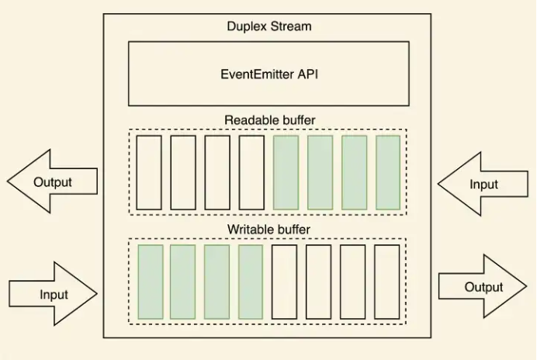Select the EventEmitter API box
tap(268, 74)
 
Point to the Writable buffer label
tap(268, 230)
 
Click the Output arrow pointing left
tap(51, 182)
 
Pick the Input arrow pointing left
tap(483, 184)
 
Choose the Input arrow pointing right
tap(53, 294)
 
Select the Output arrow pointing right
tap(483, 286)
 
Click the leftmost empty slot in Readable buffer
tap(149, 172)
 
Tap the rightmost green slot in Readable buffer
tap(388, 172)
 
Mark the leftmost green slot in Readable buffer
tap(286, 172)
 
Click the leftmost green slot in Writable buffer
tap(151, 282)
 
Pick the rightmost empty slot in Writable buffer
tap(386, 282)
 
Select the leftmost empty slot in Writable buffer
tap(284, 282)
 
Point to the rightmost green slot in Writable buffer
tap(251, 282)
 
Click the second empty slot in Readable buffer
tap(183, 172)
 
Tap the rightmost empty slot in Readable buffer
tap(251, 172)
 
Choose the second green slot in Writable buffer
tap(182, 282)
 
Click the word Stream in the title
tap(293, 26)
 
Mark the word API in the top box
tap(308, 74)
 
